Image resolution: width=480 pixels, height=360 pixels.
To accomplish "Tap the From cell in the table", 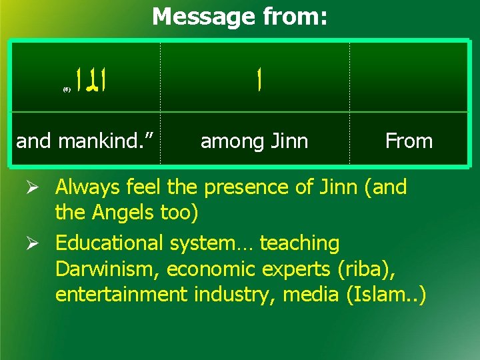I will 409,141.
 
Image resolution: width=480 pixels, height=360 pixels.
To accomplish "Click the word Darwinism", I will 107,269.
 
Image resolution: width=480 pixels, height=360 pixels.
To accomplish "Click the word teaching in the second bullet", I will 299,244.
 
